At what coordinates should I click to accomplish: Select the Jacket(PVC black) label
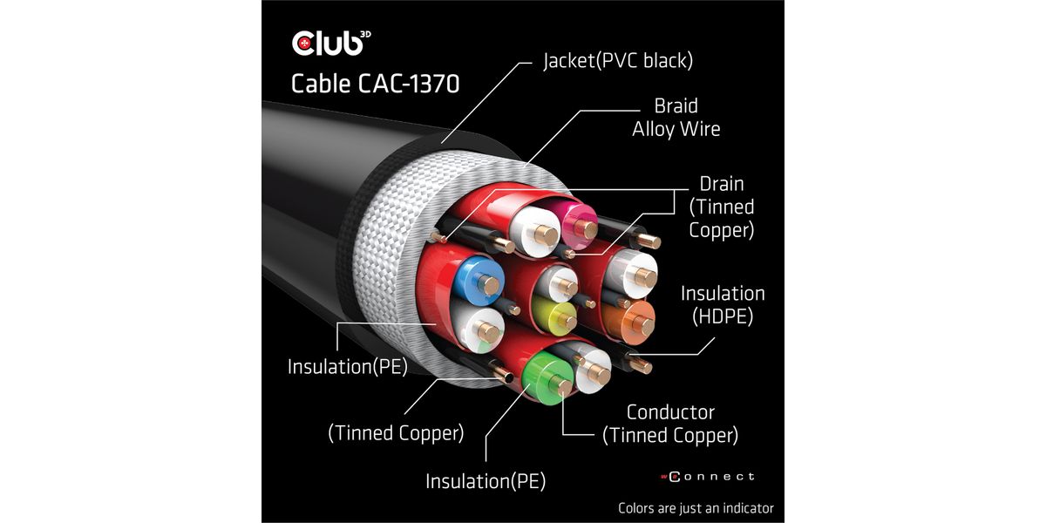click(x=618, y=61)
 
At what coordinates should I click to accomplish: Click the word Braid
click(x=676, y=106)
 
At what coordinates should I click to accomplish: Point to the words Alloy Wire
click(x=676, y=129)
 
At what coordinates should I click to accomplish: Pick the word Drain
click(x=722, y=184)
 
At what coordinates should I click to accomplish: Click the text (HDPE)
click(x=723, y=316)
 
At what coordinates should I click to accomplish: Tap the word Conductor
click(x=670, y=411)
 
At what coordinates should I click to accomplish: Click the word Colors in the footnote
click(x=637, y=507)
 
